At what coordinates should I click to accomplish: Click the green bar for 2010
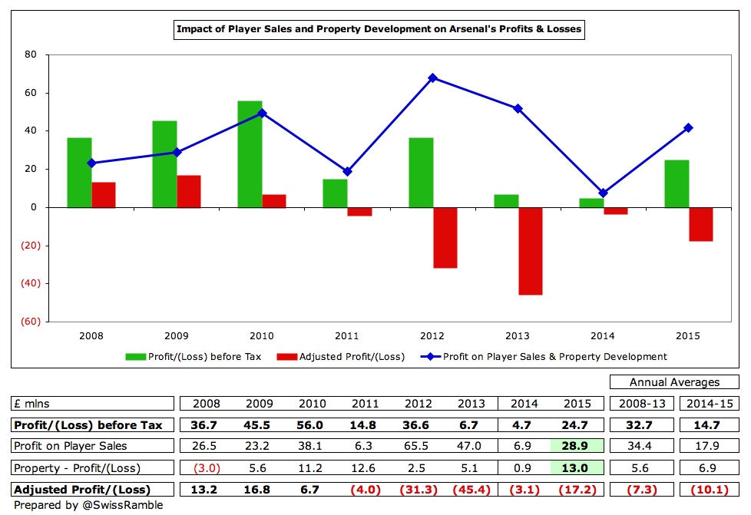[x=250, y=154]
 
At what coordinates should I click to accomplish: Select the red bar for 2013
[x=530, y=251]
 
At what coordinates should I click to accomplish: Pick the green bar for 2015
[x=677, y=183]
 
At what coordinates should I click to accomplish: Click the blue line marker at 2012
[x=433, y=78]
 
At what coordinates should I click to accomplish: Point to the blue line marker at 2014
[x=604, y=193]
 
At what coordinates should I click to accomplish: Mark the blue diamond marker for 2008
[x=91, y=163]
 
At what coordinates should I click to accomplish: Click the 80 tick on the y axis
[x=31, y=54]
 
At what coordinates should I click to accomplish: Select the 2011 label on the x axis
[x=347, y=336]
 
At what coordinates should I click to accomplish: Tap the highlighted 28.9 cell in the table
[x=577, y=446]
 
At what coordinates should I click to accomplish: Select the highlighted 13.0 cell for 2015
[x=577, y=467]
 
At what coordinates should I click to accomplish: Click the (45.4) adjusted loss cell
[x=470, y=489]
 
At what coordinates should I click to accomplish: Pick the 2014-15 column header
[x=710, y=403]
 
